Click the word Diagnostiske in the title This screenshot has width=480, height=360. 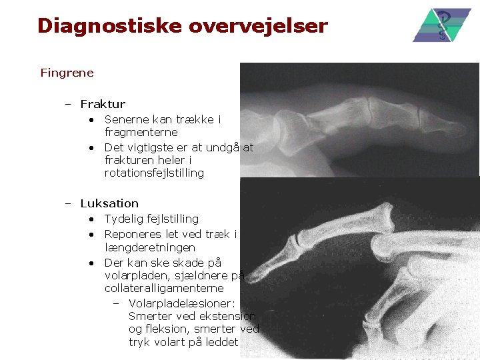109,26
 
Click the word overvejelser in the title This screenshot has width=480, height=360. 258,26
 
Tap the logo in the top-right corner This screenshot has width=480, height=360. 442,25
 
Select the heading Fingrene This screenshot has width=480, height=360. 67,72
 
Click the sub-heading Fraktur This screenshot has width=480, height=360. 103,104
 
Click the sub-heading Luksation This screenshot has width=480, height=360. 109,203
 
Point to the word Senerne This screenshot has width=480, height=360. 127,119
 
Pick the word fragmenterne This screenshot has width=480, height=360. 141,133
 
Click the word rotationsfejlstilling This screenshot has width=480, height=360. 154,173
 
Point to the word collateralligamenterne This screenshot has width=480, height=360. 164,289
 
